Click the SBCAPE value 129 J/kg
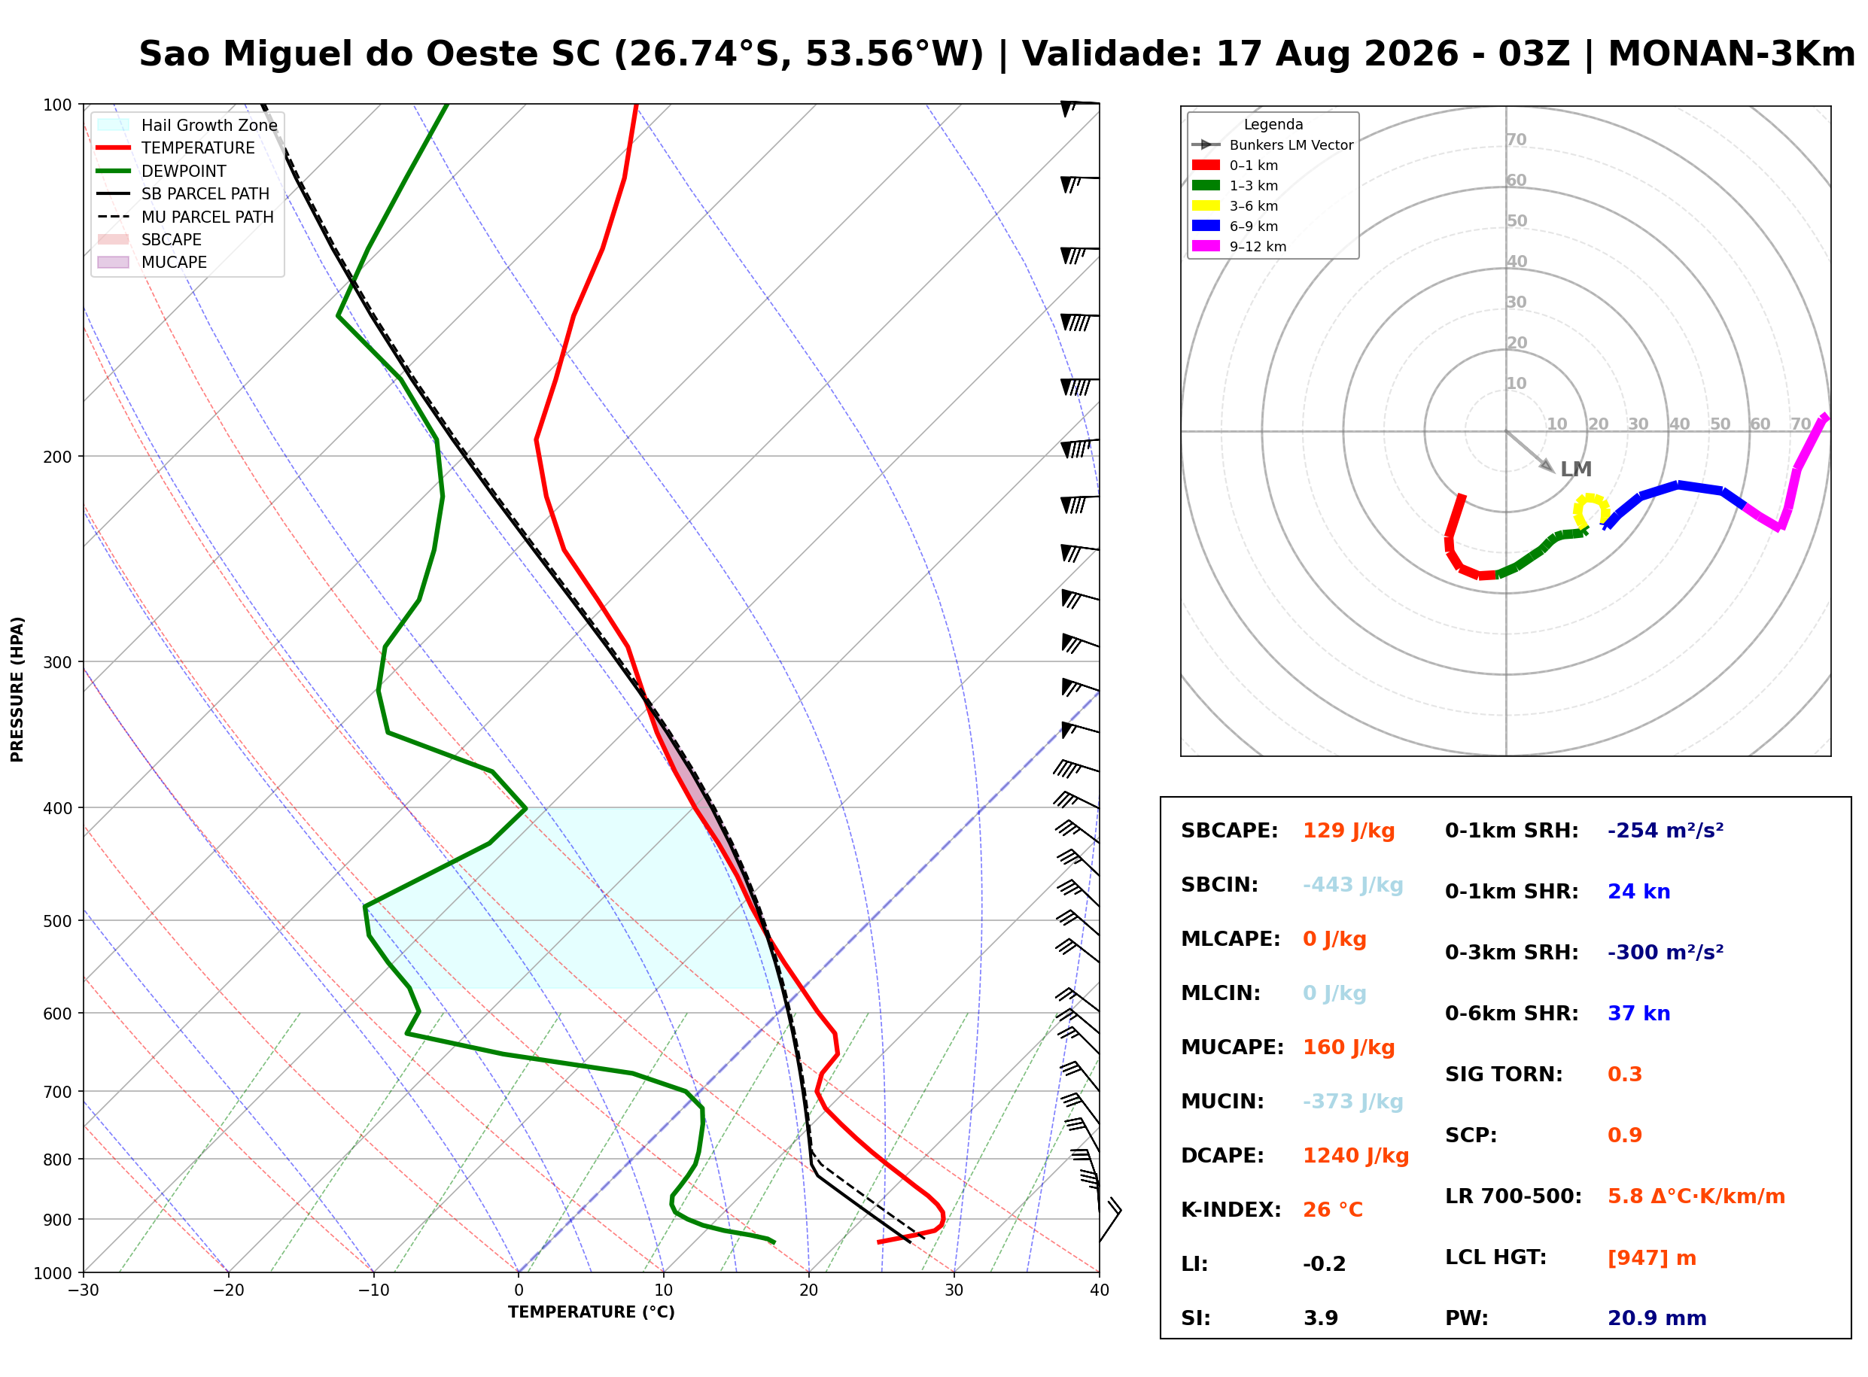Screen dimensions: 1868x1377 coord(1348,830)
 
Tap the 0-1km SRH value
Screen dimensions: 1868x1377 coord(1665,830)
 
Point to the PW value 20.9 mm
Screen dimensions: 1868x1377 coord(1657,1318)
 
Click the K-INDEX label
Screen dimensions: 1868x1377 coord(1231,1209)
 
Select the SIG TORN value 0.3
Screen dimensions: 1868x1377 coord(1623,1074)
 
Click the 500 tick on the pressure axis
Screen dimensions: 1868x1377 coord(59,921)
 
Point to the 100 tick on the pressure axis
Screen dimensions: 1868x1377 coord(59,104)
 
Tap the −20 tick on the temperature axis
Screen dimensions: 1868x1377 coord(227,1290)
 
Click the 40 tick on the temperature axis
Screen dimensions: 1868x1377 coord(1099,1290)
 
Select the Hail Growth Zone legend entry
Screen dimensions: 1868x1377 coord(187,125)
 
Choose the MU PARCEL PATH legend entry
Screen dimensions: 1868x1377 coord(185,217)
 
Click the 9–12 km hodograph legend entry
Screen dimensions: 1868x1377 coord(1239,246)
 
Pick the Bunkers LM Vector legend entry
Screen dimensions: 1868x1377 coord(1272,145)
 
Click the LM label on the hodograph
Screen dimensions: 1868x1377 coord(1575,470)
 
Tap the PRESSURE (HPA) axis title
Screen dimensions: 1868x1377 coord(17,688)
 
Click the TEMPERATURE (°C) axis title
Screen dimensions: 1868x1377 coord(591,1312)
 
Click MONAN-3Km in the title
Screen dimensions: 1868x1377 coord(1731,54)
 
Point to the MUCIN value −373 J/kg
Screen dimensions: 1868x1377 coord(1352,1101)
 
